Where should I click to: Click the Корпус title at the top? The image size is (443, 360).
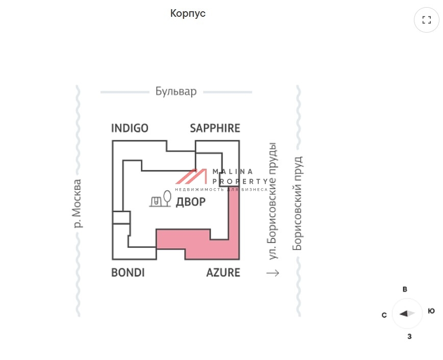[x=188, y=14]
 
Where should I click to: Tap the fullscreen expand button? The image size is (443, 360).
[x=426, y=20]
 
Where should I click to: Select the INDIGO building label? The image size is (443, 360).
[x=130, y=128]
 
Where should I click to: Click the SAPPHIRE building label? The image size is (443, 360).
[x=215, y=128]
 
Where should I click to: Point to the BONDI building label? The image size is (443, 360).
[x=128, y=273]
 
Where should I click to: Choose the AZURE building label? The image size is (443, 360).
[x=223, y=273]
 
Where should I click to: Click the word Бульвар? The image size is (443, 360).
[x=176, y=92]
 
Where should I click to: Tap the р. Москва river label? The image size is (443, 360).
[x=77, y=203]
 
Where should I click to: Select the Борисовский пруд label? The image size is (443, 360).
[x=297, y=203]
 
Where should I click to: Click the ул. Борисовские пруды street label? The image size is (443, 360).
[x=273, y=201]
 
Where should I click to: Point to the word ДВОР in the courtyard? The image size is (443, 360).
[x=190, y=202]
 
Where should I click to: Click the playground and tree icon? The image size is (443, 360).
[x=160, y=200]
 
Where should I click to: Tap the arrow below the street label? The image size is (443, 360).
[x=273, y=273]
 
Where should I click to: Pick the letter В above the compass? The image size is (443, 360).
[x=405, y=290]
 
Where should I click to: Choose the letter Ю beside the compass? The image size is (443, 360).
[x=431, y=311]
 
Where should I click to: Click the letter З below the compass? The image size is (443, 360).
[x=409, y=337]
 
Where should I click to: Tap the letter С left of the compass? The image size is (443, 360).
[x=384, y=315]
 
